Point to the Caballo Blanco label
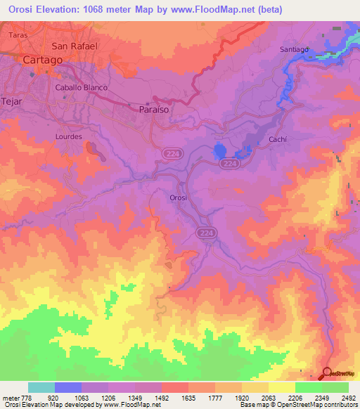tap(79, 88)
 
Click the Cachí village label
tap(278, 140)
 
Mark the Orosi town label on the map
tap(179, 199)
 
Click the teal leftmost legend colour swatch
tap(41, 387)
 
